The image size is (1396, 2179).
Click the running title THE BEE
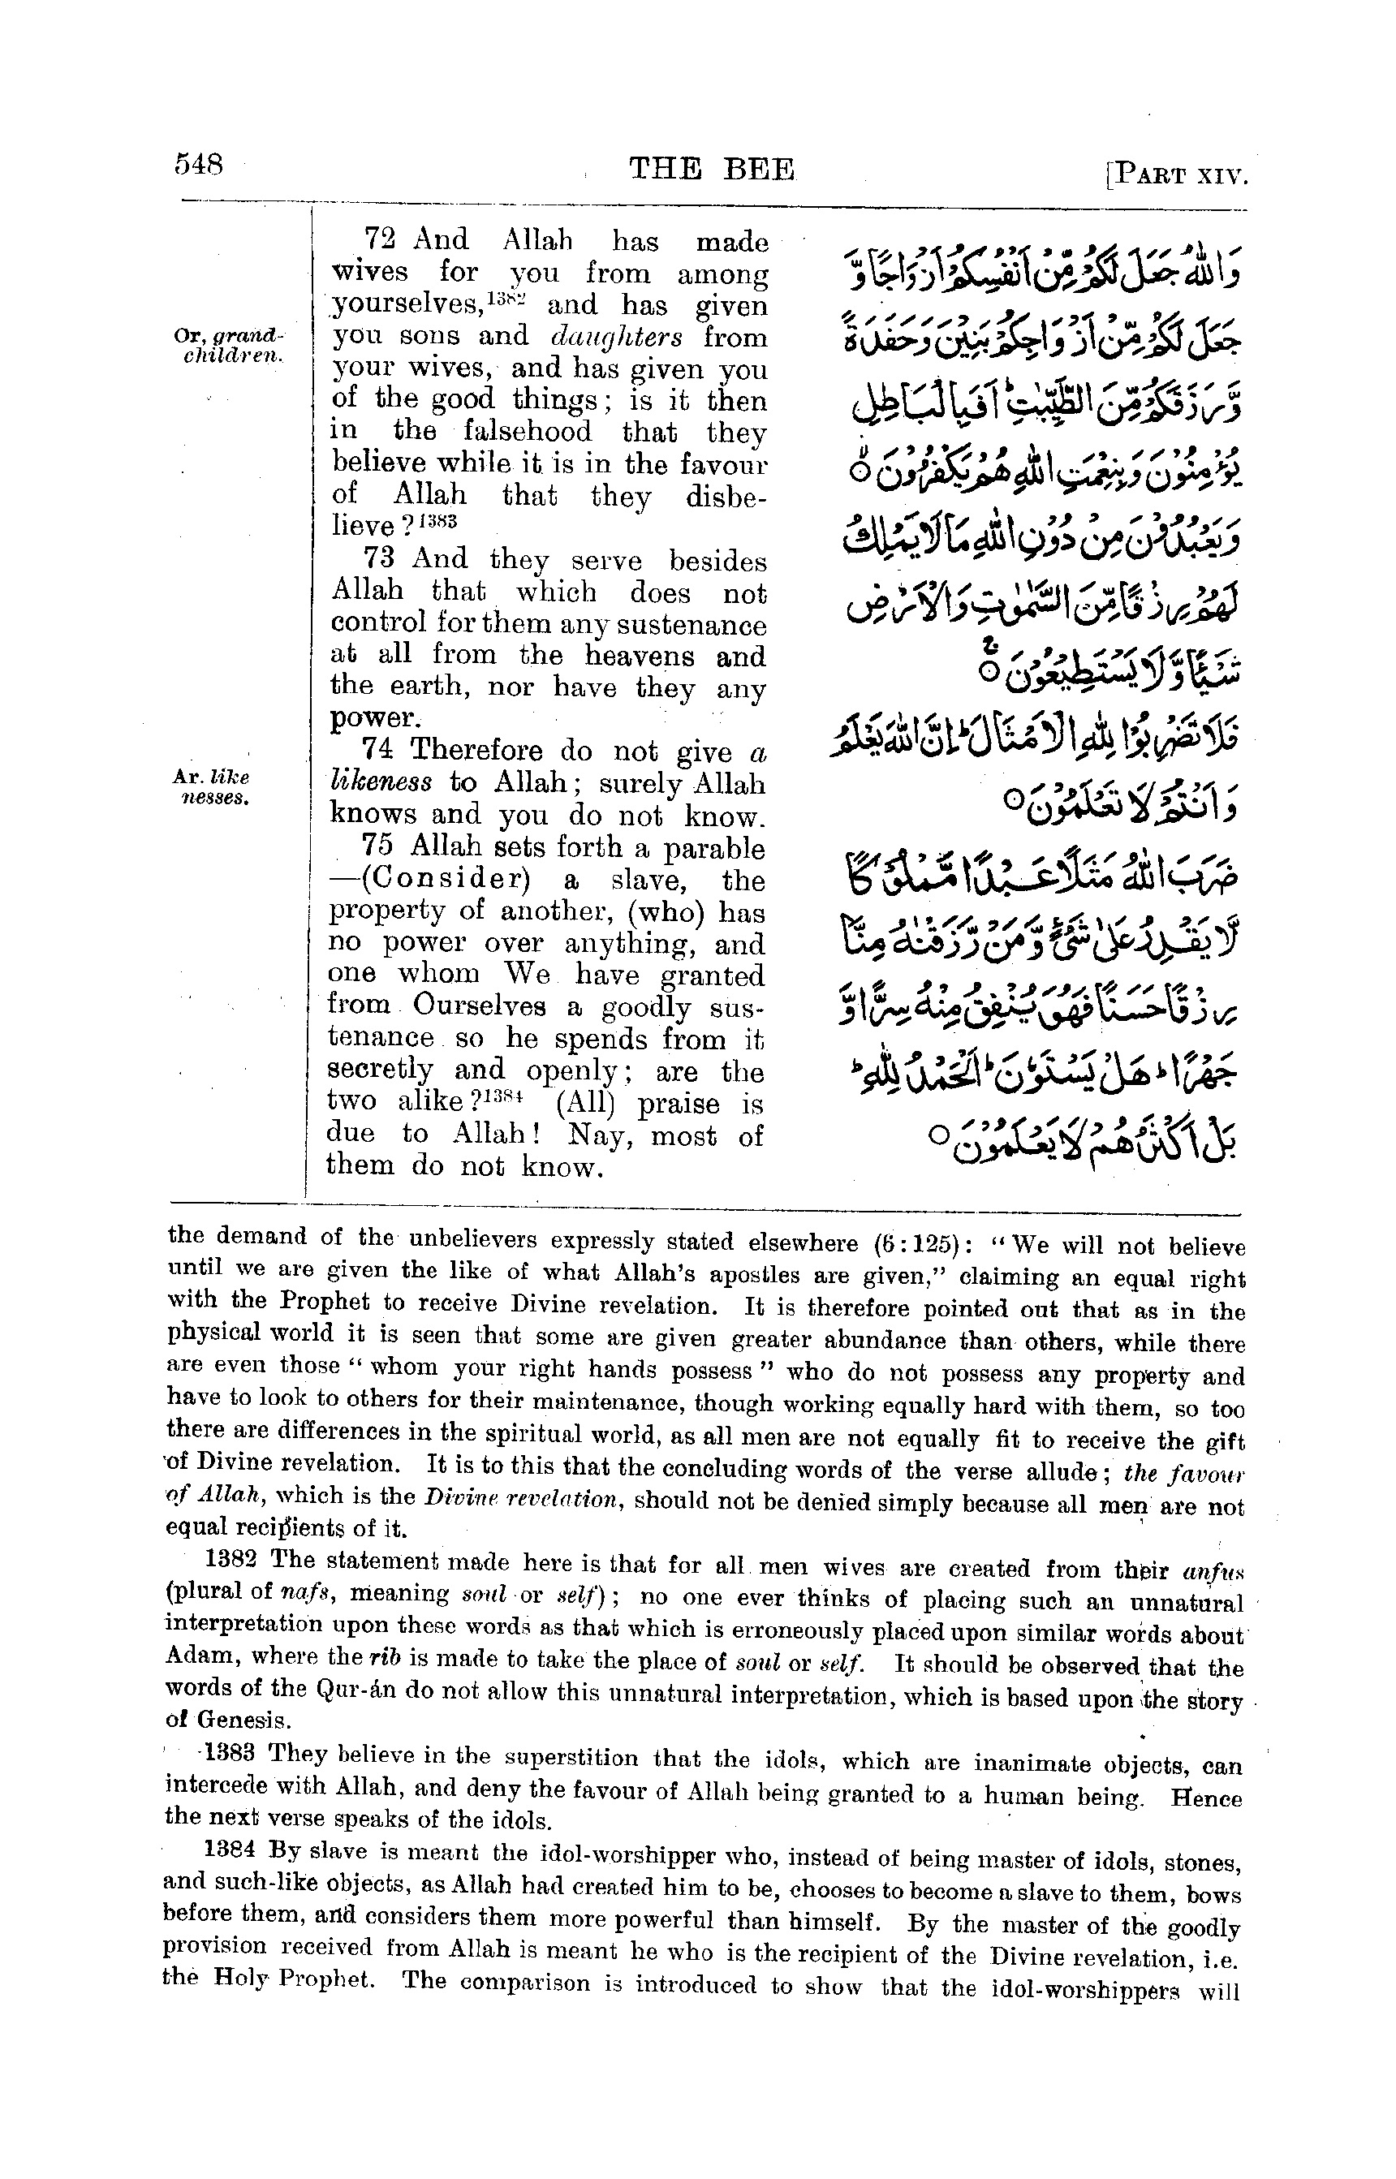pos(713,170)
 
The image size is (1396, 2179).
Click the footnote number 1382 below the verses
pos(235,1559)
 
